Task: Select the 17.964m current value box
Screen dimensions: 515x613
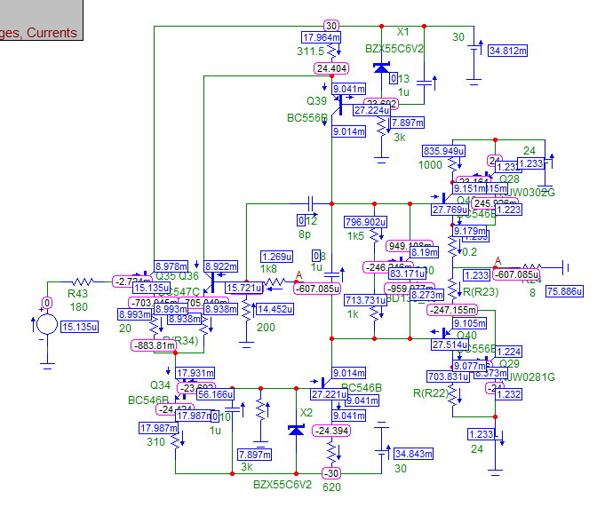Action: coord(322,38)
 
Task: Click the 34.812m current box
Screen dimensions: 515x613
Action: coord(509,51)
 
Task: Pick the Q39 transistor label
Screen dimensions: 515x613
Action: coord(317,101)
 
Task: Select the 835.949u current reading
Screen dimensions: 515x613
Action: coord(444,151)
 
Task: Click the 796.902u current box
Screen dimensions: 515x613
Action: coord(365,222)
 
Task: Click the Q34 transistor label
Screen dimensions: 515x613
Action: coord(160,385)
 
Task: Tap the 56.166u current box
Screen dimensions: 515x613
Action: coord(215,394)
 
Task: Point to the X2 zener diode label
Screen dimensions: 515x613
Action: coord(307,413)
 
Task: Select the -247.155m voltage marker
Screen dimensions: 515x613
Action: coord(452,310)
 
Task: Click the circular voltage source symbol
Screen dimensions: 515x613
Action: coord(45,324)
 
